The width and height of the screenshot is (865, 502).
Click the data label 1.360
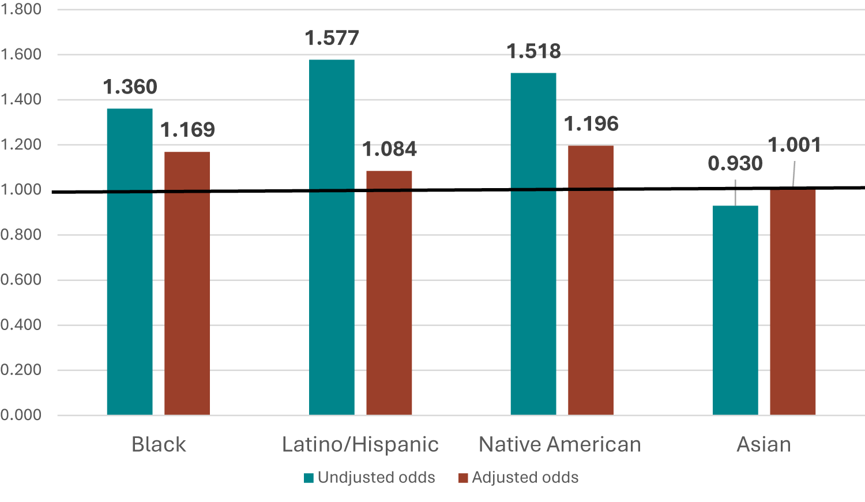(x=130, y=87)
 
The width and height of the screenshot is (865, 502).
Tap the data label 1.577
(x=332, y=38)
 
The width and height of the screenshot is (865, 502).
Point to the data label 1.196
(x=591, y=124)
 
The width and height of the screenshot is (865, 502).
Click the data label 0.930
(x=735, y=164)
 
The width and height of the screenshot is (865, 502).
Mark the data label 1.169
(x=187, y=130)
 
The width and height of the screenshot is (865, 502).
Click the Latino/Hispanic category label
(x=360, y=444)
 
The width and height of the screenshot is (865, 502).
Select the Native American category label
(x=560, y=444)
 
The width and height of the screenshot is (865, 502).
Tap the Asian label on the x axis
(x=764, y=444)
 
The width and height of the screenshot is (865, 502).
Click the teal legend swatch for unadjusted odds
(x=309, y=478)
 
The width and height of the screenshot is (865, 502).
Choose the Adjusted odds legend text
(x=525, y=478)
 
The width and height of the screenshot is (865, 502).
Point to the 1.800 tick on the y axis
(x=21, y=9)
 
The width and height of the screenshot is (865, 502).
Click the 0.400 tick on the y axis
(x=21, y=325)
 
